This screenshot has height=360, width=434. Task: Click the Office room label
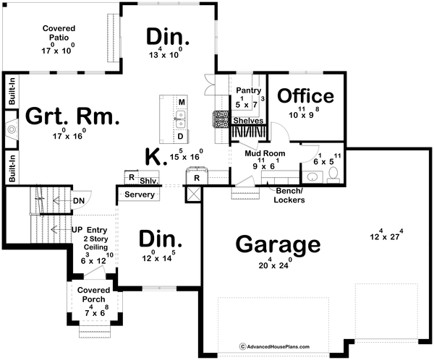coord(306,96)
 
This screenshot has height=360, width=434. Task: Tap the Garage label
coord(278,244)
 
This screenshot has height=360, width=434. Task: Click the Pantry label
coord(249,91)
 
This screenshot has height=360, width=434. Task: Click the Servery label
coord(138,195)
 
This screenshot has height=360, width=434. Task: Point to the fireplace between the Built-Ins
coord(11,129)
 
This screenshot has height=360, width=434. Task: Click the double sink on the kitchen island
coord(182,119)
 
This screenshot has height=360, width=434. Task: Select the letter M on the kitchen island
coord(182,103)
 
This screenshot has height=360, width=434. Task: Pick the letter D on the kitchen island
coord(182,136)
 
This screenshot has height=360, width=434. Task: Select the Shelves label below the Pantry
coord(248,121)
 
